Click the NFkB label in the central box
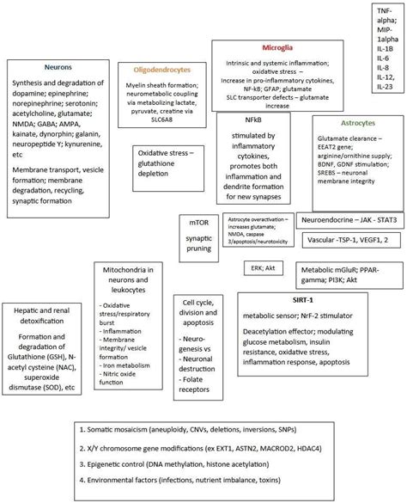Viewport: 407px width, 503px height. [252, 122]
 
